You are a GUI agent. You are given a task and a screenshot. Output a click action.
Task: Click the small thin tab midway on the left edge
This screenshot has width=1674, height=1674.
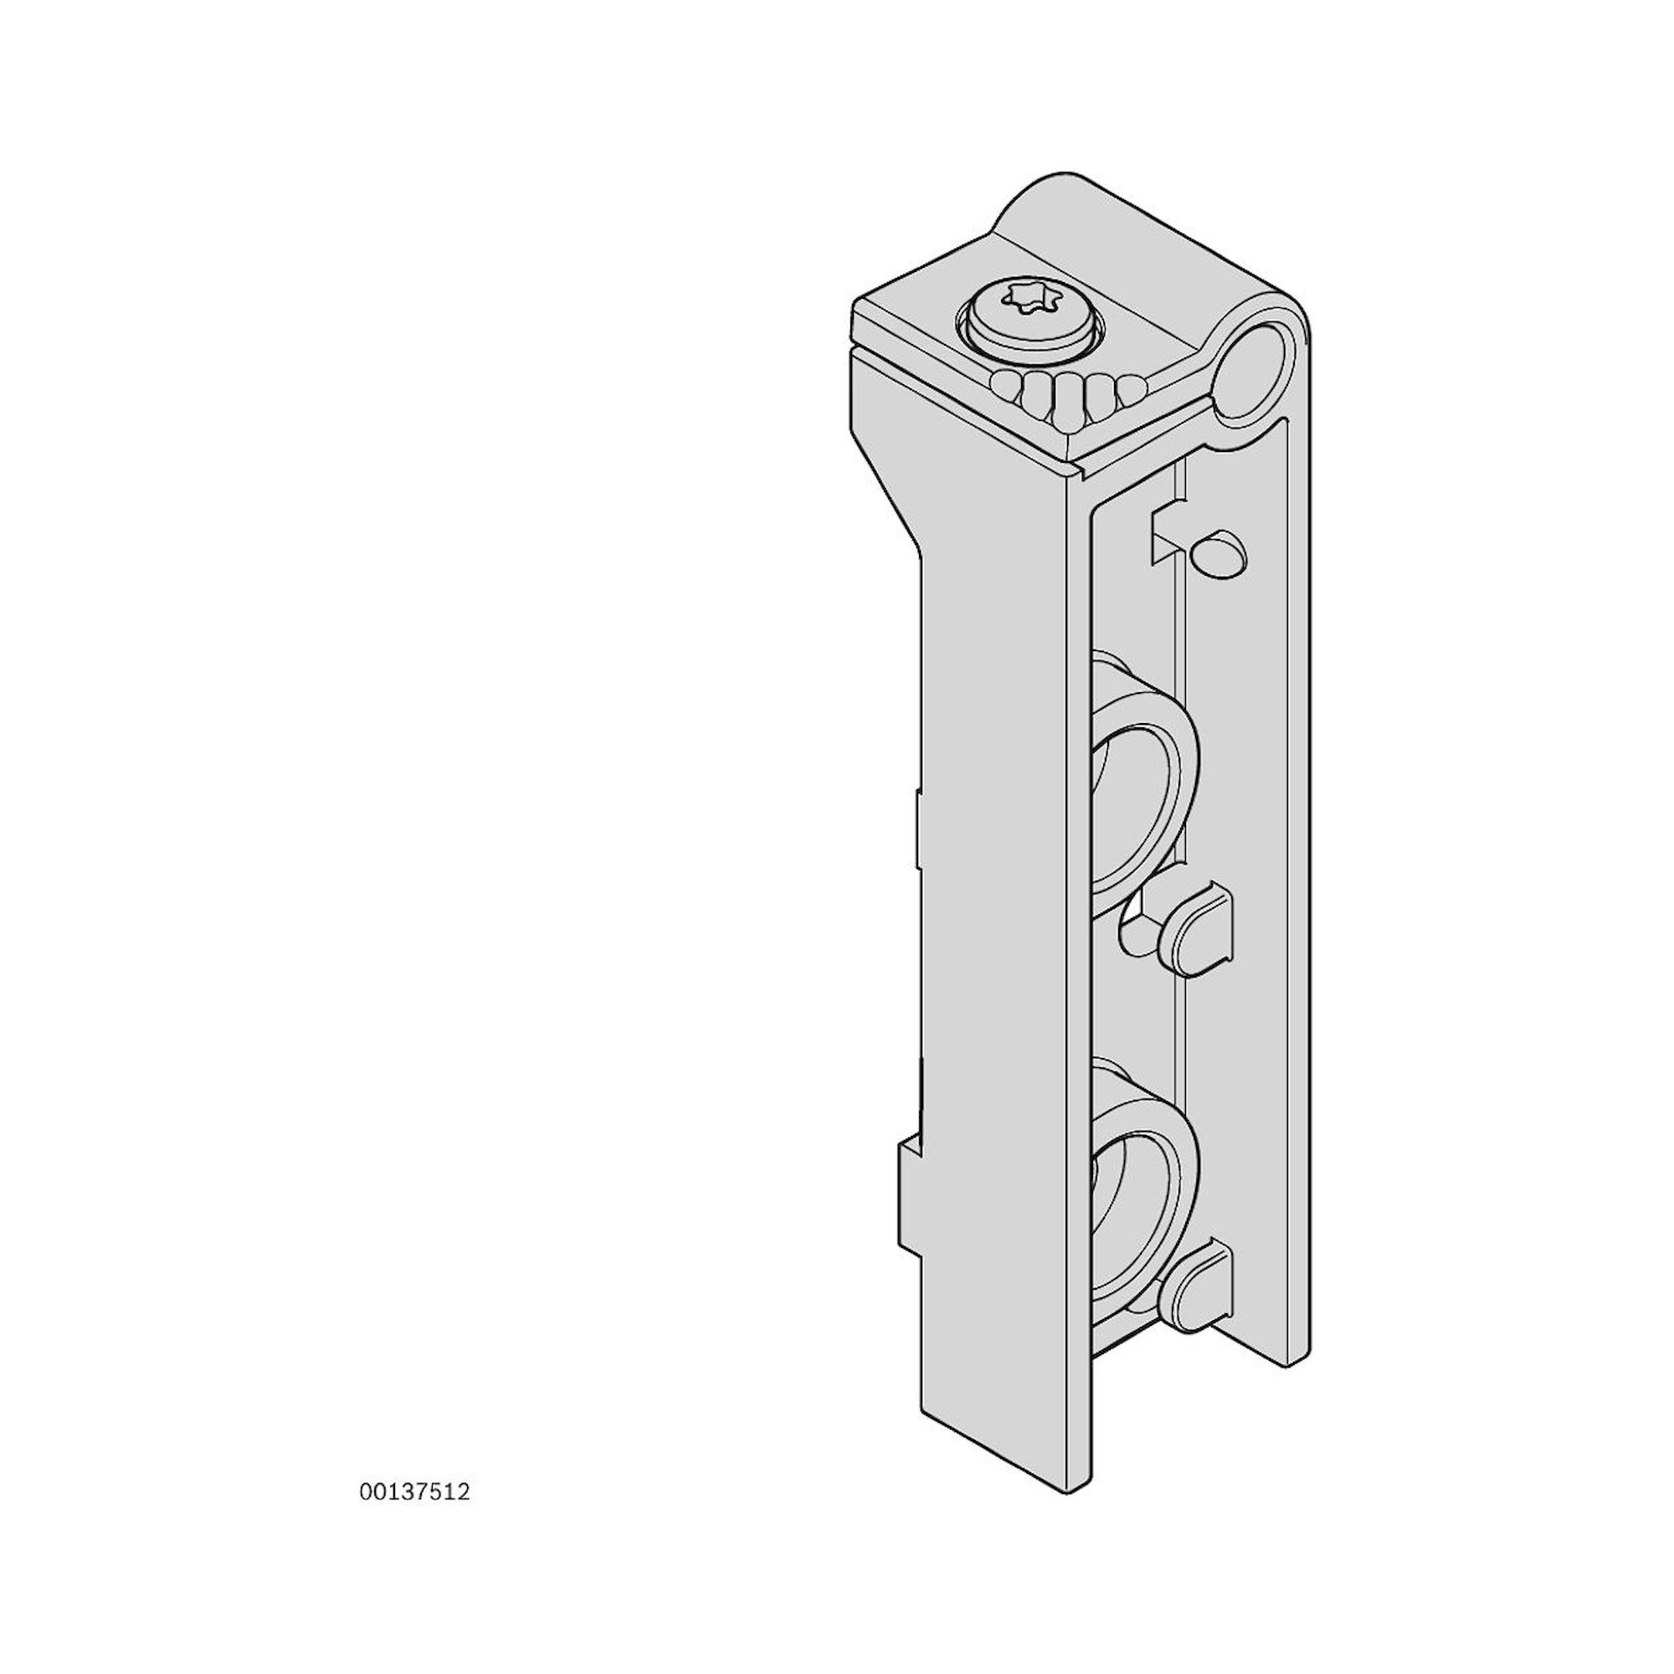[916, 828]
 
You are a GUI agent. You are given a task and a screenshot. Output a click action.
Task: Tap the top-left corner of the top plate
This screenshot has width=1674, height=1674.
[860, 303]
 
